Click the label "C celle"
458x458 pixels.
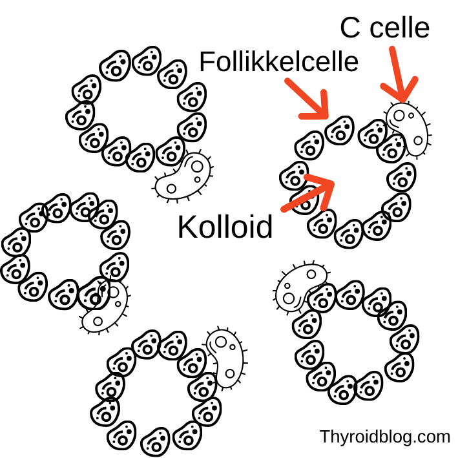tap(384, 28)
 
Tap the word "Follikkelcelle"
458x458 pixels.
tap(278, 63)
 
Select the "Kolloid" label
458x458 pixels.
tap(225, 228)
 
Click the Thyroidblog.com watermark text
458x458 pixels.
tap(385, 437)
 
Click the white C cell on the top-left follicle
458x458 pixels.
tap(183, 176)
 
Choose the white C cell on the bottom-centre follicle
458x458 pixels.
tap(225, 358)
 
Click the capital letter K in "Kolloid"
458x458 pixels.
tap(187, 228)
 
